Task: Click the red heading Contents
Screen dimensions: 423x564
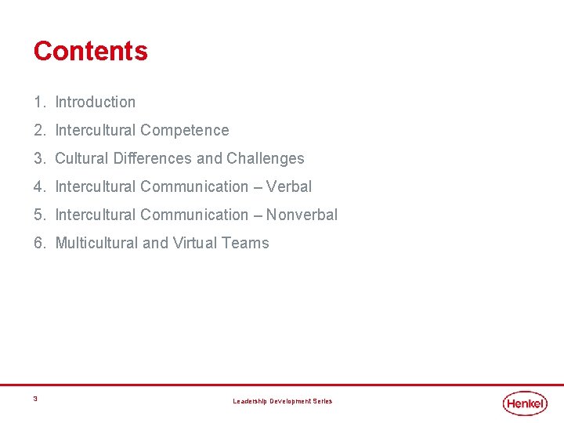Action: [x=90, y=51]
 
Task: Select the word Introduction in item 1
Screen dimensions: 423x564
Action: [x=95, y=102]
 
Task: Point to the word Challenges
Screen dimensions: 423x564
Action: [x=266, y=158]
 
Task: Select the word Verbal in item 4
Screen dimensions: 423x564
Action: [x=289, y=186]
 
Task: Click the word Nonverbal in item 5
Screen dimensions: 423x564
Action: [x=302, y=215]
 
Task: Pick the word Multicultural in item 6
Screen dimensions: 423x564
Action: [x=96, y=243]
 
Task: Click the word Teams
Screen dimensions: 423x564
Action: [x=245, y=243]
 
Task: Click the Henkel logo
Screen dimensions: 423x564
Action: [x=525, y=403]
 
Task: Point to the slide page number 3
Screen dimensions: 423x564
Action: [x=35, y=399]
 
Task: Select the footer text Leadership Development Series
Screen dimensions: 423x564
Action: [x=282, y=401]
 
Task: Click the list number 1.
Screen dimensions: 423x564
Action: [x=38, y=102]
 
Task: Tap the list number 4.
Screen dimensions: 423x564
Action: [x=38, y=186]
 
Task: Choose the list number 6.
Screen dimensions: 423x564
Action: [x=38, y=243]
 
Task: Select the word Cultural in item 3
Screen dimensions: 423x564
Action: [x=81, y=158]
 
